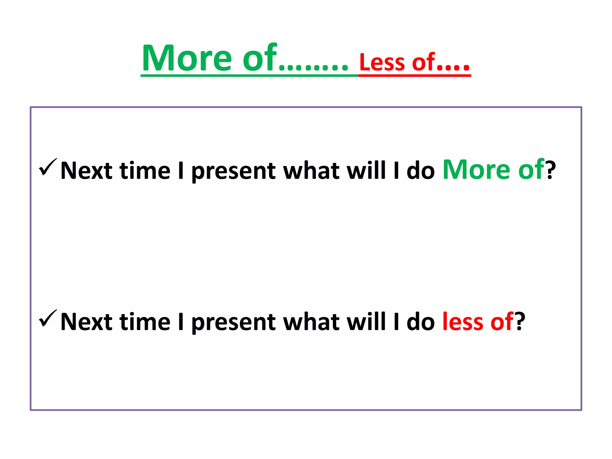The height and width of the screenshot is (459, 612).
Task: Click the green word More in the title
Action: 187,58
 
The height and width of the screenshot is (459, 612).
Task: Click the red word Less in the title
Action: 382,63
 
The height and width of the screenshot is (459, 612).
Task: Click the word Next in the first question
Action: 86,171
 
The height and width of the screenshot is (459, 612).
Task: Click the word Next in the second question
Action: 86,322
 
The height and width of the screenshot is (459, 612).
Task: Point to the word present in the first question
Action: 233,172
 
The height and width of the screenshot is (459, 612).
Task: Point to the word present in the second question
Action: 233,323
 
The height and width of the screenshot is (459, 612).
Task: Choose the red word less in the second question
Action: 463,322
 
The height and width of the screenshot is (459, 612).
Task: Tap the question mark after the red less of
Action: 520,322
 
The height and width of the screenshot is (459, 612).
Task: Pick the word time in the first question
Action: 145,171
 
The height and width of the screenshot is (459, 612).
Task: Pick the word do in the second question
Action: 420,322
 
